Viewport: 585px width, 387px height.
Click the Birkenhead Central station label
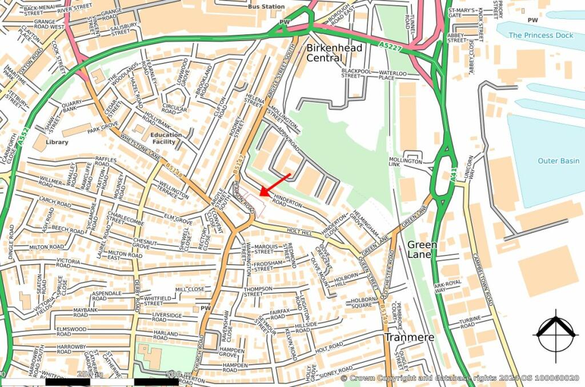pos(334,53)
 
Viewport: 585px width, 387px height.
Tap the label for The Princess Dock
pos(540,35)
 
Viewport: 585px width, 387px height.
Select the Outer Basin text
pos(558,161)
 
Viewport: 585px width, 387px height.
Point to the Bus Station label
pos(266,7)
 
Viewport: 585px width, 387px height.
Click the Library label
pos(57,142)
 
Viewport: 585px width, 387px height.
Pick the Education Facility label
pos(166,138)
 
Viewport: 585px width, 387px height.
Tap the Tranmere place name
pos(408,337)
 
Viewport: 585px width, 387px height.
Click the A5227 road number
pos(390,47)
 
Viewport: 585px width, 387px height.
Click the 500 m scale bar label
pos(177,374)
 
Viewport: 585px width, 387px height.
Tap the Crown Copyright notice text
pos(460,378)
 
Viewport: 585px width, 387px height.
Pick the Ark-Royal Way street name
pos(447,286)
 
